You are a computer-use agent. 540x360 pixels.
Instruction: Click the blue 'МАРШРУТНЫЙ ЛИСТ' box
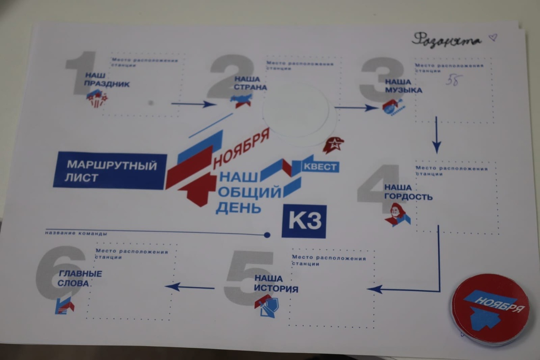click(110, 171)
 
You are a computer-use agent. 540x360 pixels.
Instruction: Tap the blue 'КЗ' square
click(304, 221)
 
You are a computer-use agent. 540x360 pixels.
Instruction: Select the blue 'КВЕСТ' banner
click(319, 167)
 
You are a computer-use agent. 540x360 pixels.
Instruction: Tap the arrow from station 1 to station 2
click(193, 104)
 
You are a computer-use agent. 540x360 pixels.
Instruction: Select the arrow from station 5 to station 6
click(189, 286)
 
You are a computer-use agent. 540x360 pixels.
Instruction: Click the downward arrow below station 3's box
click(436, 135)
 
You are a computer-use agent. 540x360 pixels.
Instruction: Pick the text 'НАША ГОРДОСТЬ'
click(408, 192)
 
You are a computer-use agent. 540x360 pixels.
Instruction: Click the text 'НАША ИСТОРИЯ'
click(276, 283)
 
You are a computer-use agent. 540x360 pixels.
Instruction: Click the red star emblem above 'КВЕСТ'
click(333, 145)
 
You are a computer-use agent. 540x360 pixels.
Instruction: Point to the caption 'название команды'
click(76, 234)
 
